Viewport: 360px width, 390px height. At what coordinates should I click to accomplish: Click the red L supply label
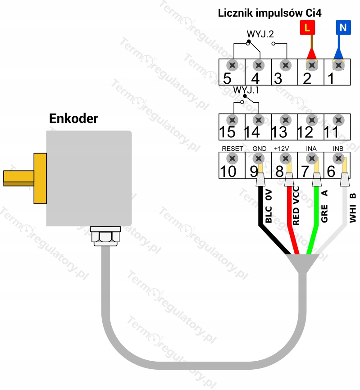point(307,27)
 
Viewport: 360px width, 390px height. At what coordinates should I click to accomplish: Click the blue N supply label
point(343,27)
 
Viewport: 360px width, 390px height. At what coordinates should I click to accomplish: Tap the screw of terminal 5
point(232,65)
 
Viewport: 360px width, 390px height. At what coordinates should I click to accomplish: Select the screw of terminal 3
point(285,65)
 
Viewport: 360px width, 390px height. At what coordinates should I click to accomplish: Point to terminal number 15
point(228,132)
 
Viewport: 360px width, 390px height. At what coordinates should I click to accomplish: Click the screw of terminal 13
point(285,120)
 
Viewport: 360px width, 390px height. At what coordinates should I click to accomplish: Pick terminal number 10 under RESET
point(228,172)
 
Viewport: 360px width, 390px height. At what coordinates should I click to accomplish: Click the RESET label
point(232,149)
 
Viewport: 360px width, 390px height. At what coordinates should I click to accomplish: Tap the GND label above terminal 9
point(260,149)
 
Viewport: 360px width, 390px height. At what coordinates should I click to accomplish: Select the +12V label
point(282,149)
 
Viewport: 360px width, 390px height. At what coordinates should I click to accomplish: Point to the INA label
point(311,149)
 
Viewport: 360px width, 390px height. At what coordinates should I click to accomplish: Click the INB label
point(338,149)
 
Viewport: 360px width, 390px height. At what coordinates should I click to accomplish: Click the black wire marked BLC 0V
point(261,219)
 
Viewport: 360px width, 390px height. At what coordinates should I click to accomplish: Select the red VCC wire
point(290,219)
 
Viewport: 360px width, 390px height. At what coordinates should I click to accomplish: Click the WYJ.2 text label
point(260,34)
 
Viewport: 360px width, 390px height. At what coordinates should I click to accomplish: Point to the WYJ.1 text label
point(246,90)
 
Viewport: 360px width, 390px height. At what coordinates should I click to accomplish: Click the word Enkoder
point(73,118)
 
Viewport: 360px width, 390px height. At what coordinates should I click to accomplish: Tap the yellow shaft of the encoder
point(18,178)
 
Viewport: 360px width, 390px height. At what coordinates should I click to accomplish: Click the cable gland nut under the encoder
point(105,236)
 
